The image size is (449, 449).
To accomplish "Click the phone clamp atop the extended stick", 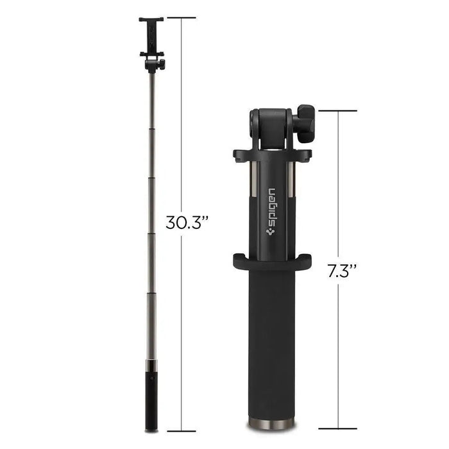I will coord(151,36).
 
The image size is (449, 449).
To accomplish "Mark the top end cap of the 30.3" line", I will coord(182,17).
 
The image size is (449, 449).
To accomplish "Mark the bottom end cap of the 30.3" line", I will coord(182,430).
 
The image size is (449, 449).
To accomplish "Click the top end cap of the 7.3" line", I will coord(337,110).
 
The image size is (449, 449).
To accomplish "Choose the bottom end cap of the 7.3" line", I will coord(337,427).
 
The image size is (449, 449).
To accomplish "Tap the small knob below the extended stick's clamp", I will coord(160,64).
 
